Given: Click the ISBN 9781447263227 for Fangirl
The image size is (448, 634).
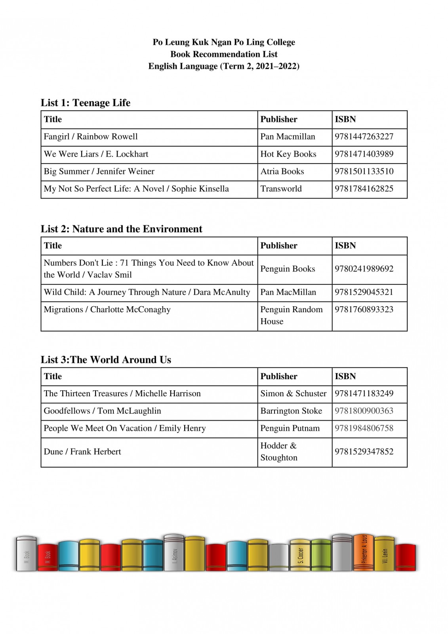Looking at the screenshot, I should click(x=364, y=137).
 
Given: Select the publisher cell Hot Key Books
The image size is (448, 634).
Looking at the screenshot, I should click(x=288, y=154).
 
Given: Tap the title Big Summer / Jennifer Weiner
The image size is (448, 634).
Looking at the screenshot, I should click(x=99, y=172).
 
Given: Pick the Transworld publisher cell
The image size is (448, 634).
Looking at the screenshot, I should click(x=281, y=189).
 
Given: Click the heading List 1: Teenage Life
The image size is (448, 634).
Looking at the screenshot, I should click(x=86, y=103).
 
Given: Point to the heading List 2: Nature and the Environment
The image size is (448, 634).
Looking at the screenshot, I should click(x=121, y=229).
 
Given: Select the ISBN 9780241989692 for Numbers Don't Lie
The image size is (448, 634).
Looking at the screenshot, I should click(x=364, y=269).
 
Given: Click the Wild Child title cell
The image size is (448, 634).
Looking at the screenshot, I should click(x=147, y=292).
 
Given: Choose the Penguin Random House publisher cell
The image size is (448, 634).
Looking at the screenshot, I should click(x=291, y=315).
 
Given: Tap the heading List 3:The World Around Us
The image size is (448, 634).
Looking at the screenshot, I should click(x=106, y=360).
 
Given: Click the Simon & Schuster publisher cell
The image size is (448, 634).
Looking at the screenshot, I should click(x=293, y=393).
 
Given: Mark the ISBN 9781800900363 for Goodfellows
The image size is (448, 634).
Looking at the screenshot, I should click(x=364, y=411).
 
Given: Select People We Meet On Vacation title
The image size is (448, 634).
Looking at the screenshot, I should click(x=124, y=428).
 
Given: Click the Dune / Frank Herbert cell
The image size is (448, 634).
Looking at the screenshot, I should click(x=82, y=452).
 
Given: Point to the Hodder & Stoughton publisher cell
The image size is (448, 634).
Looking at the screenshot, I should click(x=278, y=452).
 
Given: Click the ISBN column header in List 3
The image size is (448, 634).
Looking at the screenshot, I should click(x=345, y=376).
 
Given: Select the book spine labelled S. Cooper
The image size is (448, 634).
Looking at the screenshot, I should click(x=300, y=555).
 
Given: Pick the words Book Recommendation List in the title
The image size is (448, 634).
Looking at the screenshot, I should click(x=224, y=54).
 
